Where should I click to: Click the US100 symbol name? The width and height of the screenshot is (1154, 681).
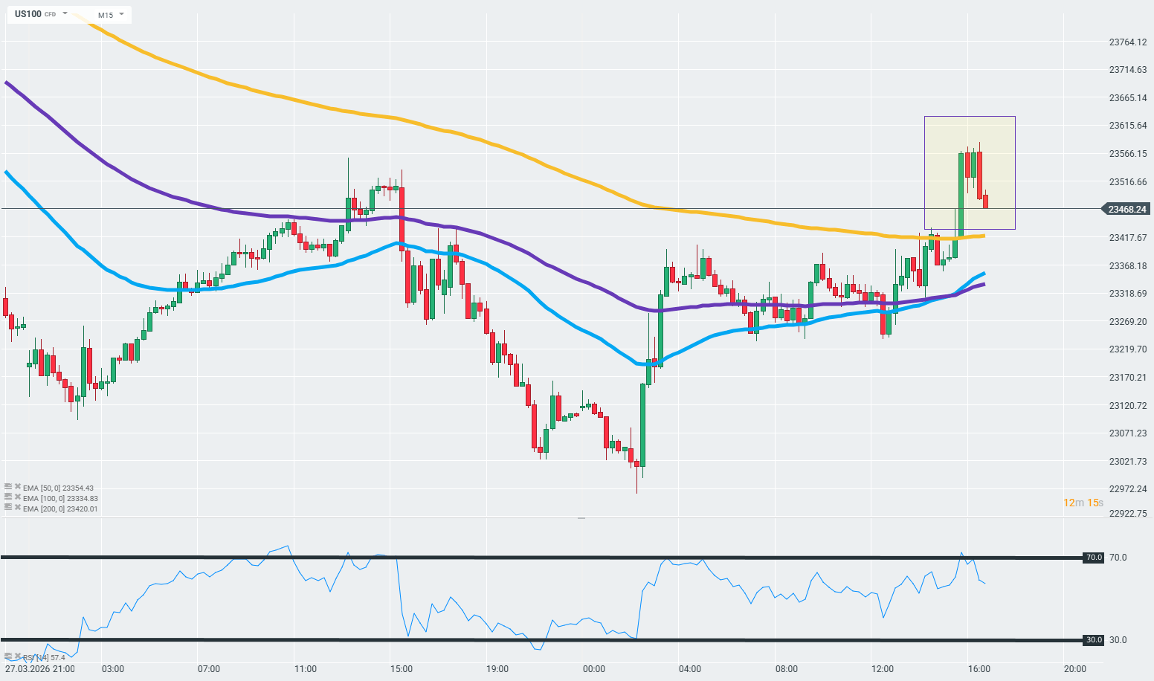pos(28,14)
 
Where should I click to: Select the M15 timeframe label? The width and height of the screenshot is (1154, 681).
pos(105,15)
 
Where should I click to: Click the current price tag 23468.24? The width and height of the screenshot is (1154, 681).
pos(1126,210)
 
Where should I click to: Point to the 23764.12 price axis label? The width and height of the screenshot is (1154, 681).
pos(1127,42)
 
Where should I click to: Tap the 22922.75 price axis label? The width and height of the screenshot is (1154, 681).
pos(1127,514)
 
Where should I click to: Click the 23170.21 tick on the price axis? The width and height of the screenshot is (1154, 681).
pos(1127,378)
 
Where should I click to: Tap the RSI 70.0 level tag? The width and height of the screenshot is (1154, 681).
pos(1094,558)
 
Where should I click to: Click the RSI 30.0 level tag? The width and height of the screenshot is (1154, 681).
pos(1094,640)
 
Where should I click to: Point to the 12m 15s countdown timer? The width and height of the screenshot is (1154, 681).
pos(1083,503)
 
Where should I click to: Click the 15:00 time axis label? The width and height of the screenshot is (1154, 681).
pos(402,669)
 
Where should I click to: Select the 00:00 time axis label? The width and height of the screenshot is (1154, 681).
pos(594,669)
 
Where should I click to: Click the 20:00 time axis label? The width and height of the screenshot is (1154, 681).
pos(1074,669)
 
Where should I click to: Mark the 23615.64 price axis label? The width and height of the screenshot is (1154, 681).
pos(1127,126)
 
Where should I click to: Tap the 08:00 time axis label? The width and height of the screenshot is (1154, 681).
pos(786,669)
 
